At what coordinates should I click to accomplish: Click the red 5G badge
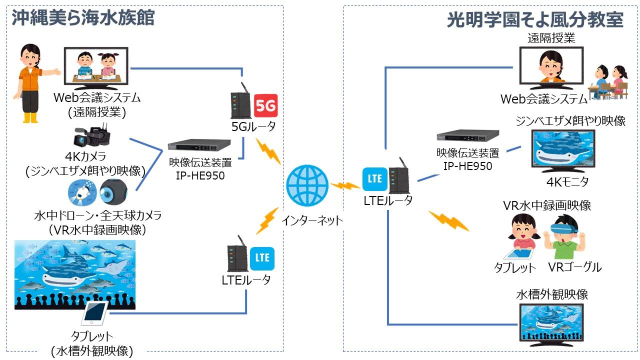coord(265,105)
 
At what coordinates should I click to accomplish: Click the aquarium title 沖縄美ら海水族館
coord(83,18)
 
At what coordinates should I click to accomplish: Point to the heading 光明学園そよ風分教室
coord(535,20)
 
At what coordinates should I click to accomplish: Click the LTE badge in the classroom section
coord(375,178)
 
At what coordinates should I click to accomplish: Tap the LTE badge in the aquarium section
coord(262,258)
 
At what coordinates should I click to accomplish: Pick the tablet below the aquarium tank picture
coord(94,313)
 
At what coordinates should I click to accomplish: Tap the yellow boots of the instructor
coord(31,117)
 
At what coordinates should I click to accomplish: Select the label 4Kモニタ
coord(567,182)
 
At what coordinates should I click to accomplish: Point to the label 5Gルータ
coord(253,126)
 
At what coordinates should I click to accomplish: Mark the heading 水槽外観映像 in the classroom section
coord(552,294)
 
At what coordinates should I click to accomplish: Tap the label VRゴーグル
coord(575,267)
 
